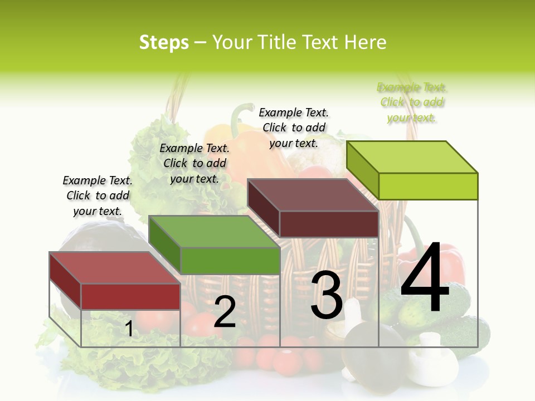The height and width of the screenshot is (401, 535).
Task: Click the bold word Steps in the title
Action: (x=163, y=42)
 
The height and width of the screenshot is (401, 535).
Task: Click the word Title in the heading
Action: (x=277, y=42)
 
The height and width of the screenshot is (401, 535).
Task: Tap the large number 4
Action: (x=425, y=278)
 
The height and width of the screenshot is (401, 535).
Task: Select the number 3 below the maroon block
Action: (x=327, y=295)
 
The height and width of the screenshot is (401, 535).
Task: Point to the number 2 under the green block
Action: (x=225, y=312)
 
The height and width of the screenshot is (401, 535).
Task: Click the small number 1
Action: (x=129, y=329)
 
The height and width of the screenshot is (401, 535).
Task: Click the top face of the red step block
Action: (x=114, y=267)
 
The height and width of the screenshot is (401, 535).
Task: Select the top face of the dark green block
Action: (x=214, y=231)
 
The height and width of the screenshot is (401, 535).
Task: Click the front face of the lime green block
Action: (x=428, y=186)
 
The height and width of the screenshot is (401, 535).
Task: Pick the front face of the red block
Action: (x=130, y=296)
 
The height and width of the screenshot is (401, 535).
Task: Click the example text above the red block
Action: (x=98, y=195)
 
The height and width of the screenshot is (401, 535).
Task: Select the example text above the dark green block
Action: (x=194, y=163)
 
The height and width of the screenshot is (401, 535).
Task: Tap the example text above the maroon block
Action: (x=294, y=128)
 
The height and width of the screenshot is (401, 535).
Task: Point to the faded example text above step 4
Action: (x=412, y=102)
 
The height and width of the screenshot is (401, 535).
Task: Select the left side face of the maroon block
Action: (x=263, y=208)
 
